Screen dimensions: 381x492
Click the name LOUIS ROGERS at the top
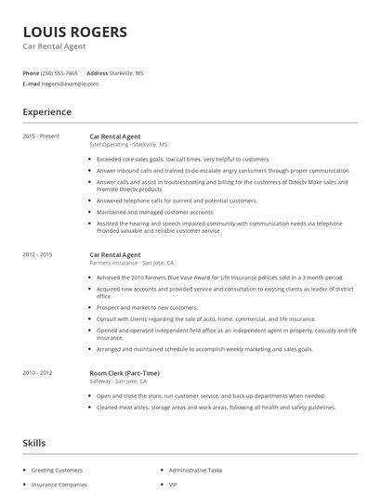click(x=75, y=31)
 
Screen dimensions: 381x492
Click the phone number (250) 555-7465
click(x=60, y=72)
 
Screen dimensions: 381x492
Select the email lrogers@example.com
click(x=70, y=84)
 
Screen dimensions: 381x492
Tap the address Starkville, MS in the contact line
click(x=127, y=72)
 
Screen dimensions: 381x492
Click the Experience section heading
click(x=46, y=112)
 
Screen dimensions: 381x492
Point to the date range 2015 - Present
click(x=41, y=136)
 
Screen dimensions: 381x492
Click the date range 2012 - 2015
click(x=38, y=252)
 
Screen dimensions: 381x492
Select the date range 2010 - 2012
click(x=38, y=345)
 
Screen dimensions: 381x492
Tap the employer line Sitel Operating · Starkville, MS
click(x=128, y=145)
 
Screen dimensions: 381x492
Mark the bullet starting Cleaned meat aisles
click(x=215, y=382)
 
